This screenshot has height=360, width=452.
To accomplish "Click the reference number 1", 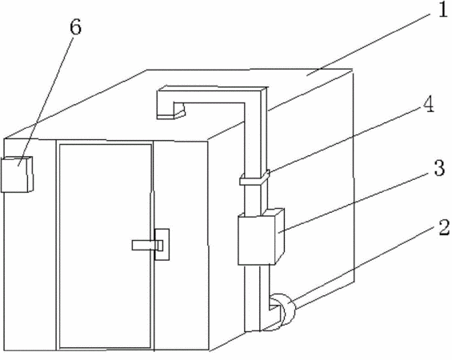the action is pos(442,10).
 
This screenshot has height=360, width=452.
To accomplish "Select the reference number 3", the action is pos(439,168).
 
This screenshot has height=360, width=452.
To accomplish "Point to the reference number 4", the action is pos(428,104).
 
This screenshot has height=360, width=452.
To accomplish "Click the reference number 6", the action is pos(75,27).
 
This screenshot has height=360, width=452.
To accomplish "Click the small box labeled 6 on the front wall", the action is pos(17,174).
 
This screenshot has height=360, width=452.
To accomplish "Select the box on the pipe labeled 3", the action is pos(261,237).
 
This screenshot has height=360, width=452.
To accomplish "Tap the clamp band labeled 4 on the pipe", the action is pos(254,178).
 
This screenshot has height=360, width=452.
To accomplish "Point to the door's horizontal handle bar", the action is pos(147,245).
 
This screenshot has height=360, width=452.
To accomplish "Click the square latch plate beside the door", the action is pos(162,245).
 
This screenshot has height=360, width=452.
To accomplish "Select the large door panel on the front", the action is pos(106,246).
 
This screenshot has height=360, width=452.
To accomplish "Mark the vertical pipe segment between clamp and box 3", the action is pos(255,199).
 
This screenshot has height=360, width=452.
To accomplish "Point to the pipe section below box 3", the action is pos(257,298).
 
